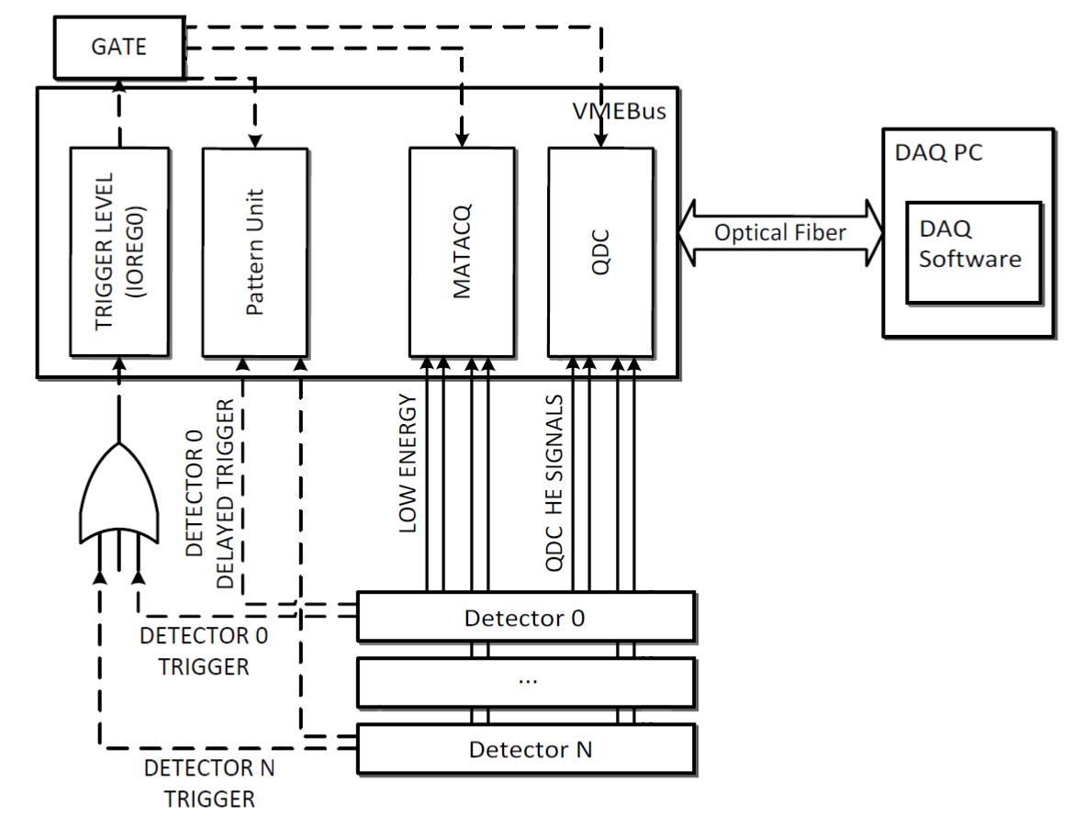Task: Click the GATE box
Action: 119,47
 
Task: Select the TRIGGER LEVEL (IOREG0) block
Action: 120,252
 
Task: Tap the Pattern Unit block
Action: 255,252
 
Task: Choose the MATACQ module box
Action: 463,252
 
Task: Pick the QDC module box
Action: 600,252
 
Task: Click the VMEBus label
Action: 620,112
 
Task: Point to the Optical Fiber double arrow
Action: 781,233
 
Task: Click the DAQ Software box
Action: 974,252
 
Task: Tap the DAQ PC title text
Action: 938,152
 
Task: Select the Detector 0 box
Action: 526,617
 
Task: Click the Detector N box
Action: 526,749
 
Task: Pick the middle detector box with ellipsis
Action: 526,682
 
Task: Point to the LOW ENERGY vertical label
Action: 408,463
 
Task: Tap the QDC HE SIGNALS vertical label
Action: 554,483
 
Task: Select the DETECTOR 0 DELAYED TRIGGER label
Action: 209,494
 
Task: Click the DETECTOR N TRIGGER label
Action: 209,784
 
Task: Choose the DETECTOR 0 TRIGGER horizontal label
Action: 204,652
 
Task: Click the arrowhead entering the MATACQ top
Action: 463,139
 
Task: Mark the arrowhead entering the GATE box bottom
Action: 119,86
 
